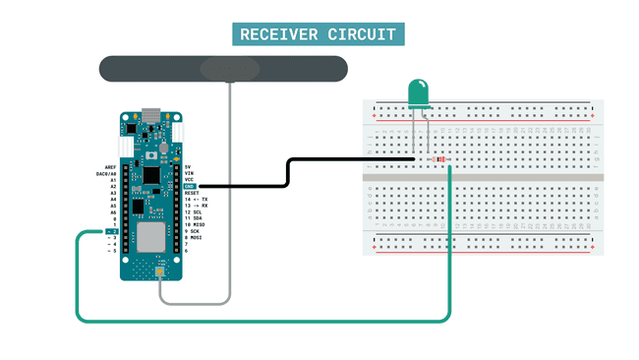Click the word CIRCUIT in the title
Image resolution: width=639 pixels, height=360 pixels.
pyautogui.click(x=364, y=35)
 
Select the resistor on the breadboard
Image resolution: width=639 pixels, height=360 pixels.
pyautogui.click(x=437, y=159)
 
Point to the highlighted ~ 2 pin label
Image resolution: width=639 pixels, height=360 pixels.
pyautogui.click(x=112, y=231)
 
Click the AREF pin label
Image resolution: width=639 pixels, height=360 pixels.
pyautogui.click(x=110, y=167)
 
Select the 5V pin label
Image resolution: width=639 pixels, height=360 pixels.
pyautogui.click(x=189, y=167)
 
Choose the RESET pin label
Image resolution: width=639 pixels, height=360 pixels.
pyautogui.click(x=193, y=193)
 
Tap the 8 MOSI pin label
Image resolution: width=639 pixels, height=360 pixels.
pyautogui.click(x=195, y=237)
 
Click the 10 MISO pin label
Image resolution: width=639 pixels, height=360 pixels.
pyautogui.click(x=195, y=224)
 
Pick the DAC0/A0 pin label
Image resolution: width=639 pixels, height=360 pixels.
pyautogui.click(x=107, y=174)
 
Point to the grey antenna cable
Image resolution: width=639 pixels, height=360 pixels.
pyautogui.click(x=230, y=197)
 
